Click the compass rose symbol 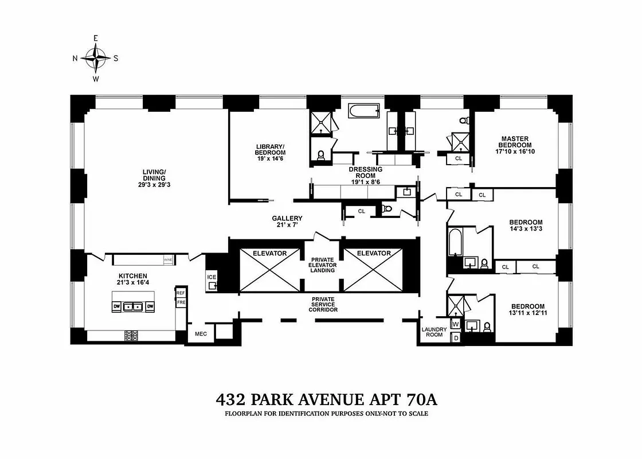pyautogui.click(x=95, y=58)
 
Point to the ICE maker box pyautogui.click(x=212, y=281)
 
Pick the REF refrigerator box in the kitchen pyautogui.click(x=181, y=293)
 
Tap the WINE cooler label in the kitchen pyautogui.click(x=168, y=260)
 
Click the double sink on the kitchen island pyautogui.click(x=133, y=306)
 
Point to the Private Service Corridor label pyautogui.click(x=324, y=304)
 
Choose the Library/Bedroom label pyautogui.click(x=270, y=152)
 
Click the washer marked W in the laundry pyautogui.click(x=456, y=324)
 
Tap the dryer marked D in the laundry pyautogui.click(x=456, y=337)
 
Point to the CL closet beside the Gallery pyautogui.click(x=361, y=211)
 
